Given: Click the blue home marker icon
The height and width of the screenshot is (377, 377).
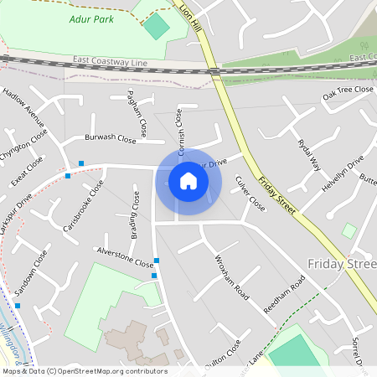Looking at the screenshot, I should pyautogui.click(x=188, y=181).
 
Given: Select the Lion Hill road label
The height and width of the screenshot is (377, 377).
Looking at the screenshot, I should pyautogui.click(x=191, y=16).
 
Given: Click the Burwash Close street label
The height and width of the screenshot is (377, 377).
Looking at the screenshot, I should pyautogui.click(x=111, y=139).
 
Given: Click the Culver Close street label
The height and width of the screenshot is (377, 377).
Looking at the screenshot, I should pyautogui.click(x=250, y=194).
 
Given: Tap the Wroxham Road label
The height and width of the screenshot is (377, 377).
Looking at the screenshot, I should pyautogui.click(x=231, y=276).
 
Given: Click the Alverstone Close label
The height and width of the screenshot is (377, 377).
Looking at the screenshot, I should pyautogui.click(x=125, y=256).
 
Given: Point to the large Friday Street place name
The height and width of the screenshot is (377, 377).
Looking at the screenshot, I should pyautogui.click(x=342, y=265).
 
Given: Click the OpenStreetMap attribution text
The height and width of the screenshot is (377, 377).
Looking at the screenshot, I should pyautogui.click(x=84, y=371).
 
